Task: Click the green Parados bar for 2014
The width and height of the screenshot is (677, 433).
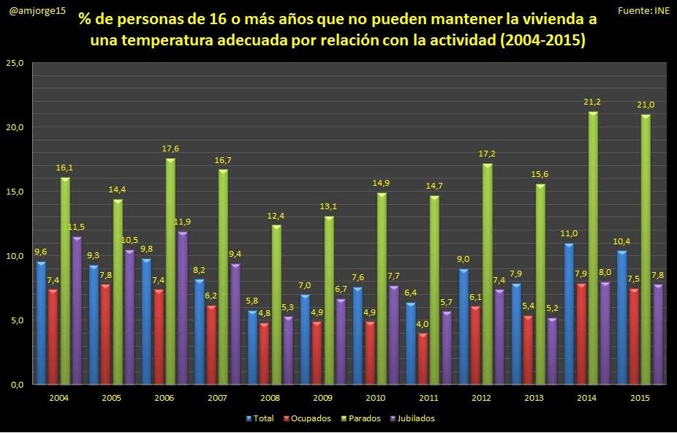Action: (593, 249)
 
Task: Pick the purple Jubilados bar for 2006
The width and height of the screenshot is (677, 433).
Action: (183, 308)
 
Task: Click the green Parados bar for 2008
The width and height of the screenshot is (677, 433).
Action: (276, 305)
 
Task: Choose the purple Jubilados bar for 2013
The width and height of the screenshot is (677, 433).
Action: (552, 351)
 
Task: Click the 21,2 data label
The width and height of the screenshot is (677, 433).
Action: (593, 102)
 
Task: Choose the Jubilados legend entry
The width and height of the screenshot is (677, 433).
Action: (413, 418)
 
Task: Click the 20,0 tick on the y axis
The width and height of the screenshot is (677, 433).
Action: (15, 127)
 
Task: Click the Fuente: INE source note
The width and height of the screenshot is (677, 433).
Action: (643, 10)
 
